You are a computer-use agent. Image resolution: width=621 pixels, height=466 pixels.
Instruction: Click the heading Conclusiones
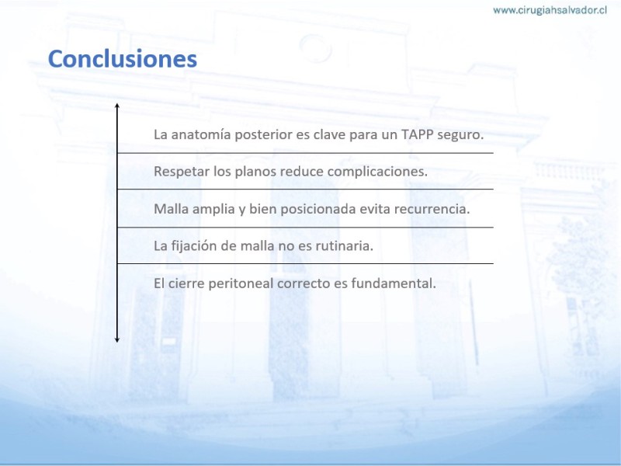(x=123, y=59)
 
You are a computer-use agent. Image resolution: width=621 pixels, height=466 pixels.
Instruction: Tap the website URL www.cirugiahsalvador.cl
(x=550, y=10)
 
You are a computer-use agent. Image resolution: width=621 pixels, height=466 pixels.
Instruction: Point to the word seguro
(x=460, y=135)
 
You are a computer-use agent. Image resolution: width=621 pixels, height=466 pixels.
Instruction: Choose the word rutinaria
(x=344, y=246)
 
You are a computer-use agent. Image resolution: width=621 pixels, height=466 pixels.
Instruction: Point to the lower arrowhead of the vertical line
(x=117, y=340)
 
